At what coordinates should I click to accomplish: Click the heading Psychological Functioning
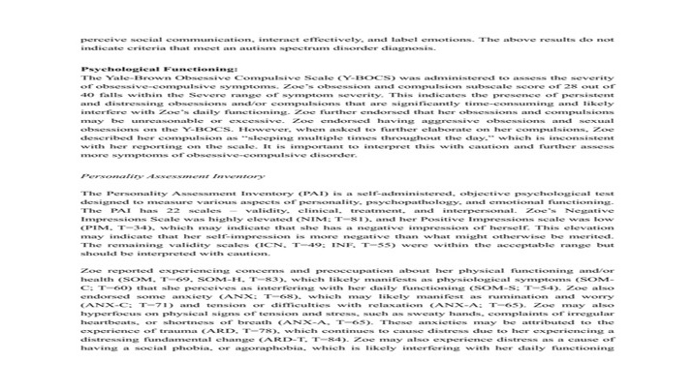click(158, 71)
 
